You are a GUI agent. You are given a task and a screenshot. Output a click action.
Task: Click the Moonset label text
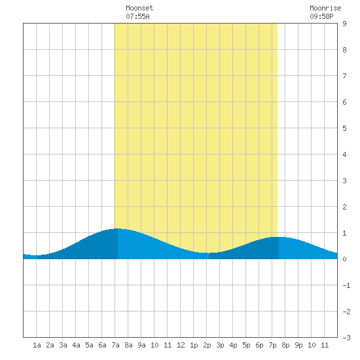pos(139,8)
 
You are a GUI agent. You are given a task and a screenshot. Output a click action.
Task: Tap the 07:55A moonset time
pos(137,16)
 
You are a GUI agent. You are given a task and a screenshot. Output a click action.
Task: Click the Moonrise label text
pos(325,8)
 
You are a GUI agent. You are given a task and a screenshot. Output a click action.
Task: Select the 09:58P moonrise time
pos(321,16)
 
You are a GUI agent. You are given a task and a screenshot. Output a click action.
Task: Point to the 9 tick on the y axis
pos(344,24)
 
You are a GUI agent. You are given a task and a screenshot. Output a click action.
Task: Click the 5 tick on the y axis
pos(344,128)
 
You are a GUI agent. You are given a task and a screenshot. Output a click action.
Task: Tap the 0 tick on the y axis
pos(344,259)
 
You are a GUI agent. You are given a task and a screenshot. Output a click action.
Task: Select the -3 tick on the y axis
pos(346,338)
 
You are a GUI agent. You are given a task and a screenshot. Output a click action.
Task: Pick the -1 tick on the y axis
pos(346,285)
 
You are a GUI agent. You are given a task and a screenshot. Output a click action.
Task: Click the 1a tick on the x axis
pos(37,345)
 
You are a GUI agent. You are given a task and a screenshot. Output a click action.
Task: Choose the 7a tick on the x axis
pos(115,345)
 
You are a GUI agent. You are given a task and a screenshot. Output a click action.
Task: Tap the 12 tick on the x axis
pos(181,345)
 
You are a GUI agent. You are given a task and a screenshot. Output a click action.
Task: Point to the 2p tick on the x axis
pos(207,345)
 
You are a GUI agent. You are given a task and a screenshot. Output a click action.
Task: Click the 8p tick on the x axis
pos(285,345)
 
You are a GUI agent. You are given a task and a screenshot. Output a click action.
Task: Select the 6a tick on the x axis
pos(102,345)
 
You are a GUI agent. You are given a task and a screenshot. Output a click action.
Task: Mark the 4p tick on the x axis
pos(233,345)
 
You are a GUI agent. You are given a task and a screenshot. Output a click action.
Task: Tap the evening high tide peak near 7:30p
pos(278,237)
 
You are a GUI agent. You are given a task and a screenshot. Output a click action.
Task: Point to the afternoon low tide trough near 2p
pos(207,253)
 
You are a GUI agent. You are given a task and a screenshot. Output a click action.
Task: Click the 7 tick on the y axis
pos(344,76)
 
